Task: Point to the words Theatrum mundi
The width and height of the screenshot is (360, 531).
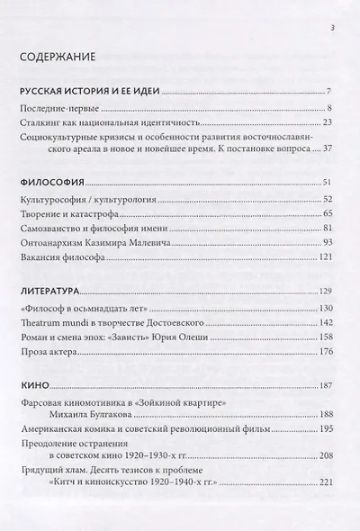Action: coord(54,323)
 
